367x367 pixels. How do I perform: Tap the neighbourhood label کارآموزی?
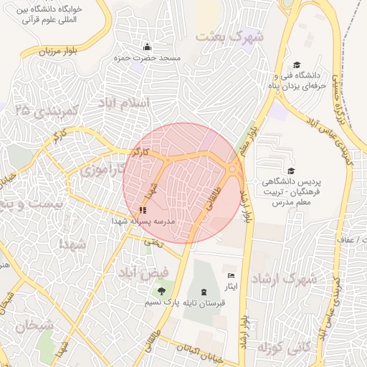click(103, 171)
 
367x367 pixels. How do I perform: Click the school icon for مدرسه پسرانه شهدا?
click(142, 211)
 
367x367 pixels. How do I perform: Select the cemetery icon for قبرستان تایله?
click(205, 291)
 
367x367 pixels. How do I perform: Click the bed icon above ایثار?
click(231, 276)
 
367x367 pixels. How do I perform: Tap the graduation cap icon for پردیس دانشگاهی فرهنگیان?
click(291, 171)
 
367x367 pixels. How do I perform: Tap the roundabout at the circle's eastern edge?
click(234, 169)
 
